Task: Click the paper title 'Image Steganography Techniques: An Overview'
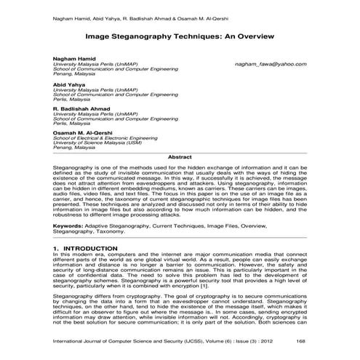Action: (180, 34)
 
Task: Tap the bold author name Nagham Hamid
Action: (74, 58)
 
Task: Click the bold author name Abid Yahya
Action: (70, 84)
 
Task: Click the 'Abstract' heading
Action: (180, 157)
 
